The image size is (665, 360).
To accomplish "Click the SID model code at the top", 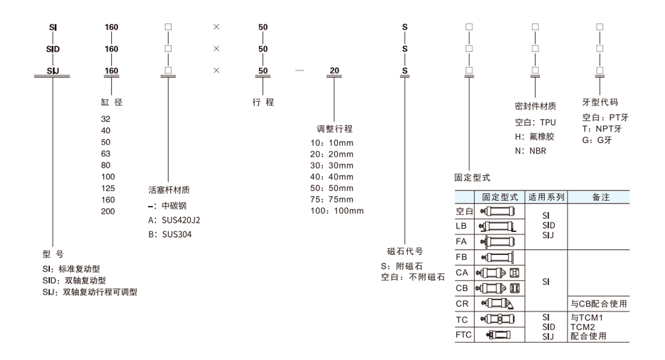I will (x=53, y=49).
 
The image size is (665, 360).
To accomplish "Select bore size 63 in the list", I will (x=106, y=153).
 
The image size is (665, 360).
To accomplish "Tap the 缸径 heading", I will (x=112, y=102).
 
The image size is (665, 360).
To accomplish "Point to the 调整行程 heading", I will (x=334, y=129).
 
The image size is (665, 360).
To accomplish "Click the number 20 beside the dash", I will (x=334, y=71).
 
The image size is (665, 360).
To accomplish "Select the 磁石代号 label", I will (x=405, y=250).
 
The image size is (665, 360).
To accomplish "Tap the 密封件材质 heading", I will (x=535, y=106).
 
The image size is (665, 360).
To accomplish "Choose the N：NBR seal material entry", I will (x=530, y=151).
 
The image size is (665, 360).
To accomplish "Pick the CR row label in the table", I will (x=462, y=304).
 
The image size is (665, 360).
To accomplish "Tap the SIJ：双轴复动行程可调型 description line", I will (x=89, y=292).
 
